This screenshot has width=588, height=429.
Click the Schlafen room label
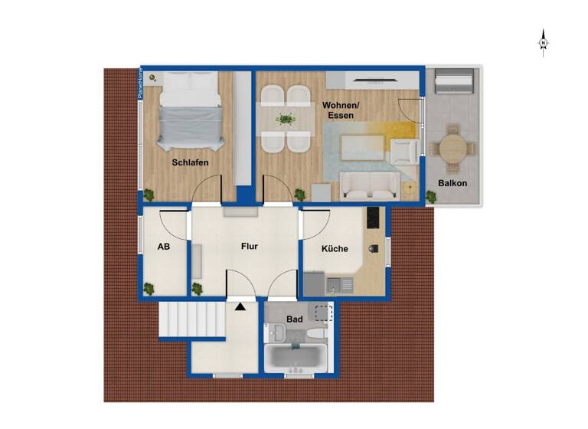pyautogui.click(x=190, y=163)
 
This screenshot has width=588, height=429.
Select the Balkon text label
pyautogui.click(x=452, y=184)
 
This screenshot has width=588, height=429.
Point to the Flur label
pyautogui.click(x=249, y=247)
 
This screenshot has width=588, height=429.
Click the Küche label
pyautogui.click(x=335, y=249)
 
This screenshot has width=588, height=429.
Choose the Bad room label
pyautogui.click(x=295, y=318)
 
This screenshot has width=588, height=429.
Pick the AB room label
pyautogui.click(x=163, y=247)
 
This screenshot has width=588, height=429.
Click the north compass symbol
pyautogui.click(x=543, y=42)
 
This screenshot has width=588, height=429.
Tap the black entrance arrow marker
pyautogui.click(x=241, y=306)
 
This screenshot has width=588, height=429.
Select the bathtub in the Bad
pyautogui.click(x=296, y=357)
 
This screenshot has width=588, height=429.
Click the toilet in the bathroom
pyautogui.click(x=278, y=332)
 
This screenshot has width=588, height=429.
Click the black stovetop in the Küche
pyautogui.click(x=374, y=218)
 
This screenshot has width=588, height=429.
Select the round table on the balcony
pyautogui.click(x=452, y=149)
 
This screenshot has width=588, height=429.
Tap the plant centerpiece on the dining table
pyautogui.click(x=286, y=119)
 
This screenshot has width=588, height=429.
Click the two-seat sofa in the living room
pyautogui.click(x=368, y=183)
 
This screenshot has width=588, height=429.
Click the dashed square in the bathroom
pyautogui.click(x=325, y=313)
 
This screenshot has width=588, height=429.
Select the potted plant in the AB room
pyautogui.click(x=150, y=288)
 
